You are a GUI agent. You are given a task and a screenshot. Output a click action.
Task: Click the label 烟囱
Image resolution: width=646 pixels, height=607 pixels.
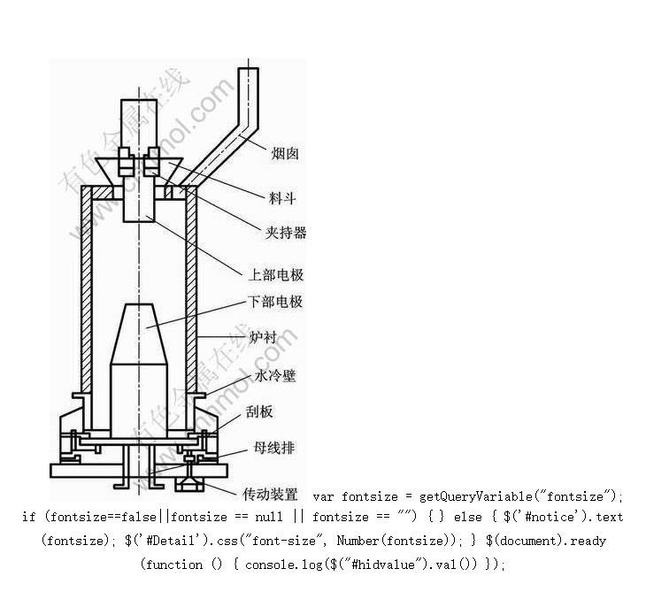click(285, 154)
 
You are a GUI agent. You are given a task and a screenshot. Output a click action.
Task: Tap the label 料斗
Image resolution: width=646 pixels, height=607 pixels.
click(282, 198)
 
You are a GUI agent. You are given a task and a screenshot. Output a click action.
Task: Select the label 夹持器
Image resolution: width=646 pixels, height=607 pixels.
click(286, 233)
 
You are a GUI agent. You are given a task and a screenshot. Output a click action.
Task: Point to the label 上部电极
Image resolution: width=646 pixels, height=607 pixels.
click(276, 275)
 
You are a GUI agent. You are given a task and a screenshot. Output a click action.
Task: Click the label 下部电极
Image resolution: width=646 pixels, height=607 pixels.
click(275, 302)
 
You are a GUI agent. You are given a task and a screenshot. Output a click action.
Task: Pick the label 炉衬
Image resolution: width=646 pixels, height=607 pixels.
click(263, 337)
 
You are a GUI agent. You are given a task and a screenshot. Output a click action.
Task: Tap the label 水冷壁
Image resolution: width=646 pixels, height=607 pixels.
click(275, 375)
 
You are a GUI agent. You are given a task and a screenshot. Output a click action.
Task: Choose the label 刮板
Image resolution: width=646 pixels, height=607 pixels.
click(259, 411)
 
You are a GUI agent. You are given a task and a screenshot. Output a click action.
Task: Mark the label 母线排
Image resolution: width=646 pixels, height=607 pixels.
click(274, 448)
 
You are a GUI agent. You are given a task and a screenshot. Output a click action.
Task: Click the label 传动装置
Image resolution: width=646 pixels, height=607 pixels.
click(270, 494)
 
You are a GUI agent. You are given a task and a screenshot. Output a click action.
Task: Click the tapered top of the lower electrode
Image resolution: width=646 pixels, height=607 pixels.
click(139, 334)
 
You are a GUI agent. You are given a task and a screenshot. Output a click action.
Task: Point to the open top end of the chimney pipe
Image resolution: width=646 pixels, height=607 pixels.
click(249, 69)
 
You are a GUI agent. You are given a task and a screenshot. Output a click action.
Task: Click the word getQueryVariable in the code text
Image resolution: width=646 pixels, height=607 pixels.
click(476, 496)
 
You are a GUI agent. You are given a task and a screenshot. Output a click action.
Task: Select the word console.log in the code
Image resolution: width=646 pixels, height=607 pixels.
click(284, 565)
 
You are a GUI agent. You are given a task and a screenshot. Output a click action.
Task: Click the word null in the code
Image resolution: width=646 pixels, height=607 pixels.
click(269, 517)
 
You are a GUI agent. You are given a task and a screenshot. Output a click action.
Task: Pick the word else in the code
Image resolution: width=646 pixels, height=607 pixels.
click(467, 517)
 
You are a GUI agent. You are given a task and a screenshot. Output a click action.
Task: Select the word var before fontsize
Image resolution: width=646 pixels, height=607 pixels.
click(323, 497)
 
